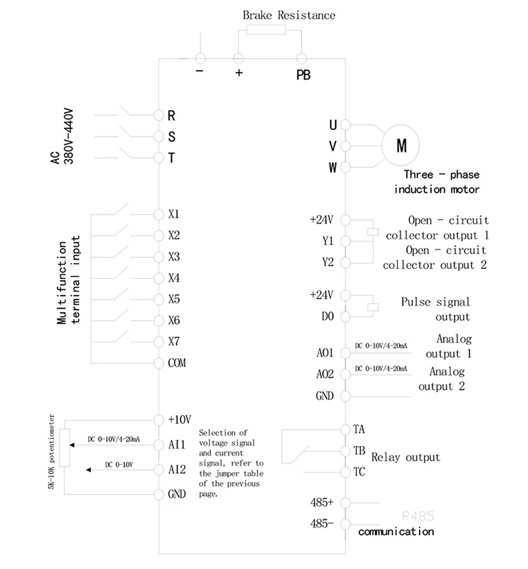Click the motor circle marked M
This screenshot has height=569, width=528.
click(x=402, y=146)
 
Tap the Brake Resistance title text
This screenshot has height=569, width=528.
click(x=289, y=15)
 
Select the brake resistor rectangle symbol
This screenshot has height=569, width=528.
click(x=265, y=30)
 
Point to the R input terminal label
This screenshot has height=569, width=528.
click(x=171, y=115)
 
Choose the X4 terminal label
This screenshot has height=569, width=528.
click(x=175, y=277)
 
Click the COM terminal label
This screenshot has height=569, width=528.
click(x=177, y=363)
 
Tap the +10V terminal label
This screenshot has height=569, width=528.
click(x=180, y=420)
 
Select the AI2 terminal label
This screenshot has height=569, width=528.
click(x=176, y=469)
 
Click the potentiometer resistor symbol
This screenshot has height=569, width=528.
click(x=65, y=448)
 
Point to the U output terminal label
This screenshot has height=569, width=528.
click(x=333, y=125)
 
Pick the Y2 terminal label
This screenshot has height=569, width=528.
click(x=327, y=262)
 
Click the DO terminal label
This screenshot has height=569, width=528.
click(x=327, y=316)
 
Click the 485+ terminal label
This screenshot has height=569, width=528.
click(x=322, y=503)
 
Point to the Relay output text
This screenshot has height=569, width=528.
click(x=406, y=457)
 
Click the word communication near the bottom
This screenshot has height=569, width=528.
click(x=396, y=532)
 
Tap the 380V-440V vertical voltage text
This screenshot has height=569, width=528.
click(x=70, y=136)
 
